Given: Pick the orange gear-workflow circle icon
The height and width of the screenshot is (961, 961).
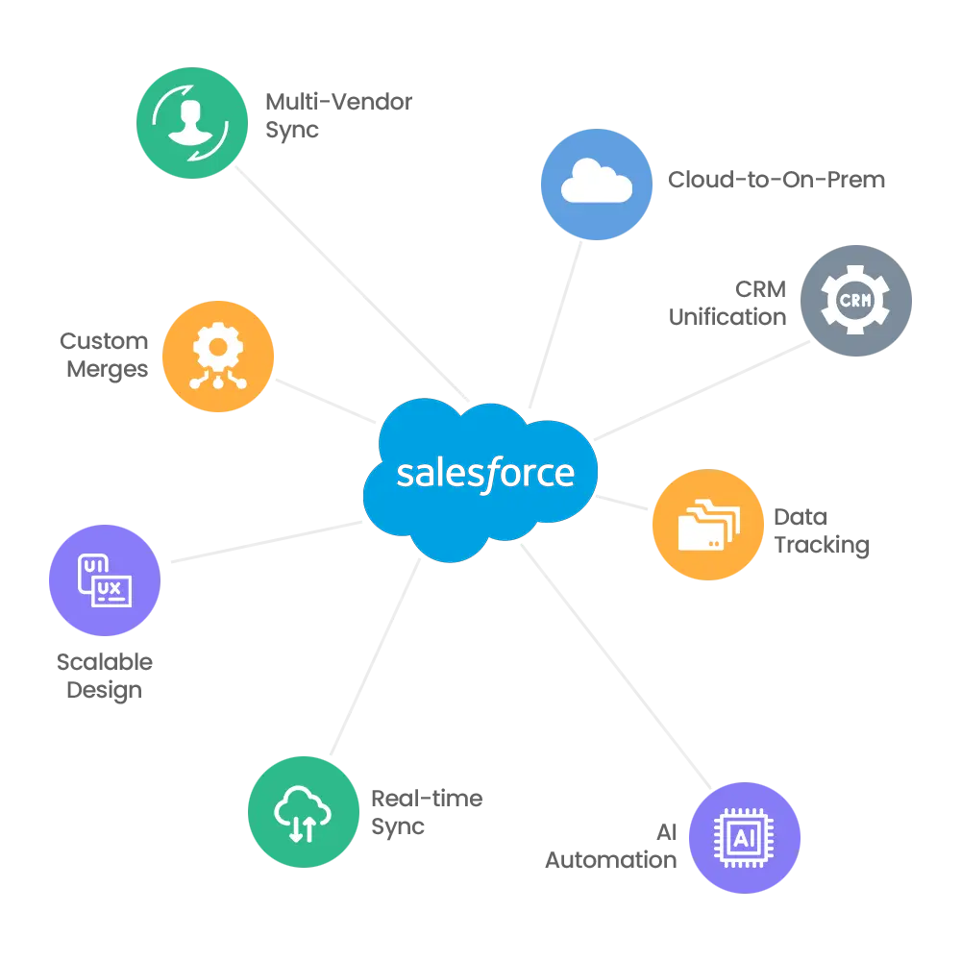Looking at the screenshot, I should point(219,357).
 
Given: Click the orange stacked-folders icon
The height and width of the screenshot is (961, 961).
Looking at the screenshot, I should point(708,526).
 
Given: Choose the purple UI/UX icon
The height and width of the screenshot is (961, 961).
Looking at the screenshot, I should point(104,580).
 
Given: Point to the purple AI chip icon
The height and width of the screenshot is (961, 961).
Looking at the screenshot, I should point(744,838).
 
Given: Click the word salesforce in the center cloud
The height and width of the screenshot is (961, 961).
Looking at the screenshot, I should point(484,474).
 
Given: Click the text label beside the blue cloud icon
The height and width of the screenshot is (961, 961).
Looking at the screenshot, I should point(778,182).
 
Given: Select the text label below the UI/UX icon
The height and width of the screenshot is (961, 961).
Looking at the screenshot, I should point(105,678).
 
